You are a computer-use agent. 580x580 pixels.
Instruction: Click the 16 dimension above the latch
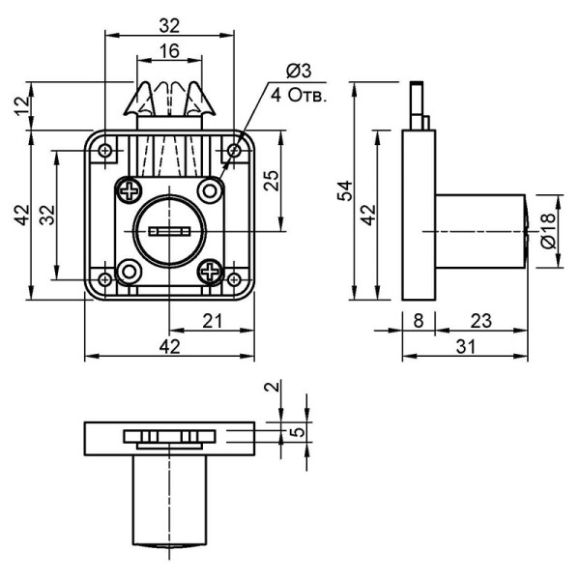(x=169, y=50)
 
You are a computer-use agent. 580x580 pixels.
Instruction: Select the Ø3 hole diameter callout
(x=300, y=71)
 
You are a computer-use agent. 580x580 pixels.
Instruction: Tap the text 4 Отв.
(x=299, y=96)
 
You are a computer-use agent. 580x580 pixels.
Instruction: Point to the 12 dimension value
(x=22, y=105)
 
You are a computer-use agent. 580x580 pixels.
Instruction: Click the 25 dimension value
(x=271, y=180)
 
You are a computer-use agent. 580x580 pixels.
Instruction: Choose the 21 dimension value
(x=213, y=321)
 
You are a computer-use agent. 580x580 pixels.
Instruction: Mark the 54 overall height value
(x=345, y=190)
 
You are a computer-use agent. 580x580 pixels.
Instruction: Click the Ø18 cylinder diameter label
(x=548, y=230)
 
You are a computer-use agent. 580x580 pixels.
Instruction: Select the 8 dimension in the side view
(x=419, y=320)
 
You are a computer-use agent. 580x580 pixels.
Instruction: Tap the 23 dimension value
(x=480, y=321)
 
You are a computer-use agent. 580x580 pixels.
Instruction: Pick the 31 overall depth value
(x=466, y=347)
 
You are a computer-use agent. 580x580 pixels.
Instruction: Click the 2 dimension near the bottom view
(x=273, y=387)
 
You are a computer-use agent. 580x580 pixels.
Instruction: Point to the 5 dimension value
(x=298, y=432)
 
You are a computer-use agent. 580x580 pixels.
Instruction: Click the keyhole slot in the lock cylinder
(x=169, y=232)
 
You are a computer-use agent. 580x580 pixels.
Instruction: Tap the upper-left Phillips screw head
(x=130, y=191)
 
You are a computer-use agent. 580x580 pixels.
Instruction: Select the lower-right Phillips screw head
(x=210, y=272)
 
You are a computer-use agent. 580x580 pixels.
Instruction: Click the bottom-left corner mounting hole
(x=105, y=279)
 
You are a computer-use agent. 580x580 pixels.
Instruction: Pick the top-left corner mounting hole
(x=105, y=151)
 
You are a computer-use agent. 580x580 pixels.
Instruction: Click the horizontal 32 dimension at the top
(x=169, y=26)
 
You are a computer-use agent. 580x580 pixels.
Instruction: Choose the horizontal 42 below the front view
(x=169, y=347)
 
